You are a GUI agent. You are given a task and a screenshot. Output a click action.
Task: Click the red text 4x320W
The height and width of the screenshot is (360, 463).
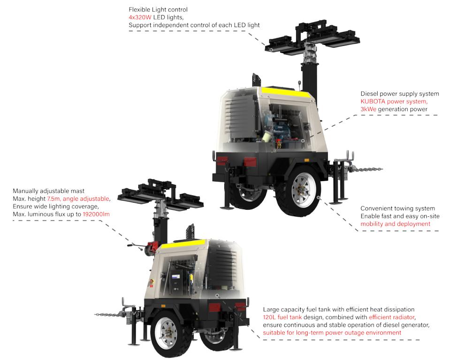(140, 17)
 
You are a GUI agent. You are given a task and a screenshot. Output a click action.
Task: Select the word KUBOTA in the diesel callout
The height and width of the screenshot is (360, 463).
(372, 101)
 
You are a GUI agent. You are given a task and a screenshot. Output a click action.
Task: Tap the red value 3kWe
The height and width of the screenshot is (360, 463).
(368, 109)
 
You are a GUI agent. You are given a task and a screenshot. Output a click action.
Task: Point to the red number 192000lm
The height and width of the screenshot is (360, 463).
(96, 214)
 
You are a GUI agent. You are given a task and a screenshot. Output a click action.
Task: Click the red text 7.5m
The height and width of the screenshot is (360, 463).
(53, 199)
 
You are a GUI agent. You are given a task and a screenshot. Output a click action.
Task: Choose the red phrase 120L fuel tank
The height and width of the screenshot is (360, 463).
(282, 317)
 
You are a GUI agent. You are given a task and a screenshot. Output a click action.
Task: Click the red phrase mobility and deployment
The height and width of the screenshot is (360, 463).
(395, 224)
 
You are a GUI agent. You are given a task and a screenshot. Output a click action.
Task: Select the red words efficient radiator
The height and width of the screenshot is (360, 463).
(392, 317)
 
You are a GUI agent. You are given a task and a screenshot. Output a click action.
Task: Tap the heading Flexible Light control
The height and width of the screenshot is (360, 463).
(158, 10)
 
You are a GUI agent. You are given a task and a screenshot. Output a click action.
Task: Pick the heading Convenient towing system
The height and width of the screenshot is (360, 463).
(397, 208)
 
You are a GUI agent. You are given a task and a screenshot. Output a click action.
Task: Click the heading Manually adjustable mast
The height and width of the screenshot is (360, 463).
(48, 191)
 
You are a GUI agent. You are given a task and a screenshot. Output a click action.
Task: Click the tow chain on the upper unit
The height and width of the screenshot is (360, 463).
(365, 169)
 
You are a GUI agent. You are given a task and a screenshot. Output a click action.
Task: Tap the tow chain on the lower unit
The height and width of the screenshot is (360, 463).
(107, 315)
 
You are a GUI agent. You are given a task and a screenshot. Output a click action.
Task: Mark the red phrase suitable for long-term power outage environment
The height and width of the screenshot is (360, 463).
(332, 332)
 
